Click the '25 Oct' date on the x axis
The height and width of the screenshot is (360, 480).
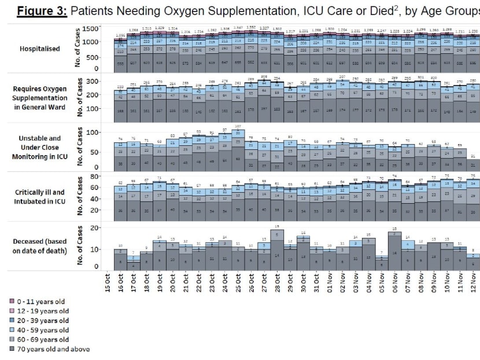tap(238, 281)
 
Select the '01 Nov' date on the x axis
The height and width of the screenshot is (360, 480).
tap(329, 281)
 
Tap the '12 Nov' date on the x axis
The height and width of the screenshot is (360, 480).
tap(472, 281)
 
